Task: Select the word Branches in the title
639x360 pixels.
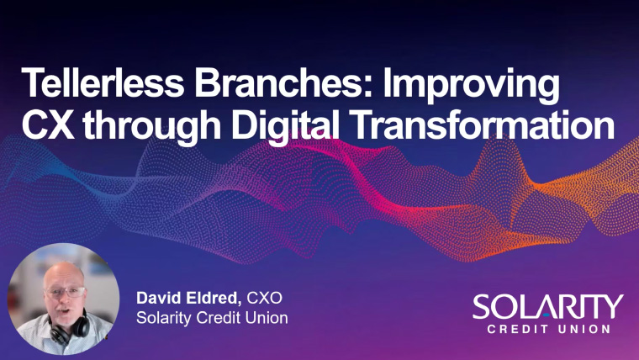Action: click(x=278, y=82)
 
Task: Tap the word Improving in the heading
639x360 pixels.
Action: click(x=471, y=87)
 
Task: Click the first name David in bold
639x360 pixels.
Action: click(x=158, y=298)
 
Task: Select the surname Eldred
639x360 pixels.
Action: click(x=211, y=298)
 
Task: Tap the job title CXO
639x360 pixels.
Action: click(x=265, y=298)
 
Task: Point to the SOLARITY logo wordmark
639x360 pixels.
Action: click(x=547, y=307)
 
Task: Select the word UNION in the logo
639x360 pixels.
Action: click(x=584, y=329)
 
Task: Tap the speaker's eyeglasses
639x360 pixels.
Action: click(x=66, y=292)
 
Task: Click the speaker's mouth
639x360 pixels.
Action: click(x=63, y=311)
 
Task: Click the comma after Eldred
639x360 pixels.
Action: click(x=239, y=303)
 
